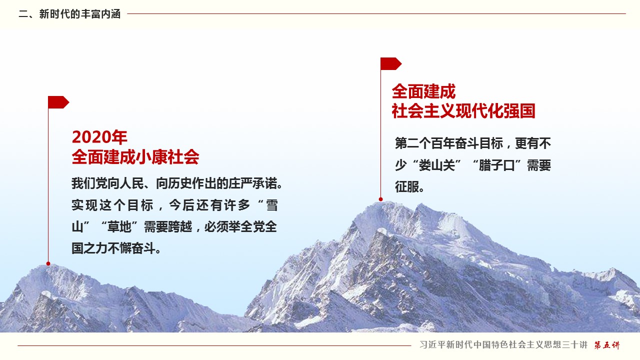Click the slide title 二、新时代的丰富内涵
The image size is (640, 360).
69,14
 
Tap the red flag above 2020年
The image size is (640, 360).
58,102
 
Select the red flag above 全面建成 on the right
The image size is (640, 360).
391,63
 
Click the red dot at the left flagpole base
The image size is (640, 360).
48,263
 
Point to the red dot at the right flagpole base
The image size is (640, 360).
380,199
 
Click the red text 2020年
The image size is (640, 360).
99,137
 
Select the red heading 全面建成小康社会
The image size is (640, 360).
135,157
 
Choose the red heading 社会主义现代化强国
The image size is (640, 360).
463,111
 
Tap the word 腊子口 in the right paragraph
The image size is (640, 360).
497,165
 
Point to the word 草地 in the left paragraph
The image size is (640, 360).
119,227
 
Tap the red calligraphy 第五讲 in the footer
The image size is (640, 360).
607,345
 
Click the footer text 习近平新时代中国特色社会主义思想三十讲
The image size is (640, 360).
503,345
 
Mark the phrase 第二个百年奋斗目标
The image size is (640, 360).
449,143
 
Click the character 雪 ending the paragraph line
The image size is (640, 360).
271,205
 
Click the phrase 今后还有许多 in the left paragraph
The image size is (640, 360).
209,205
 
